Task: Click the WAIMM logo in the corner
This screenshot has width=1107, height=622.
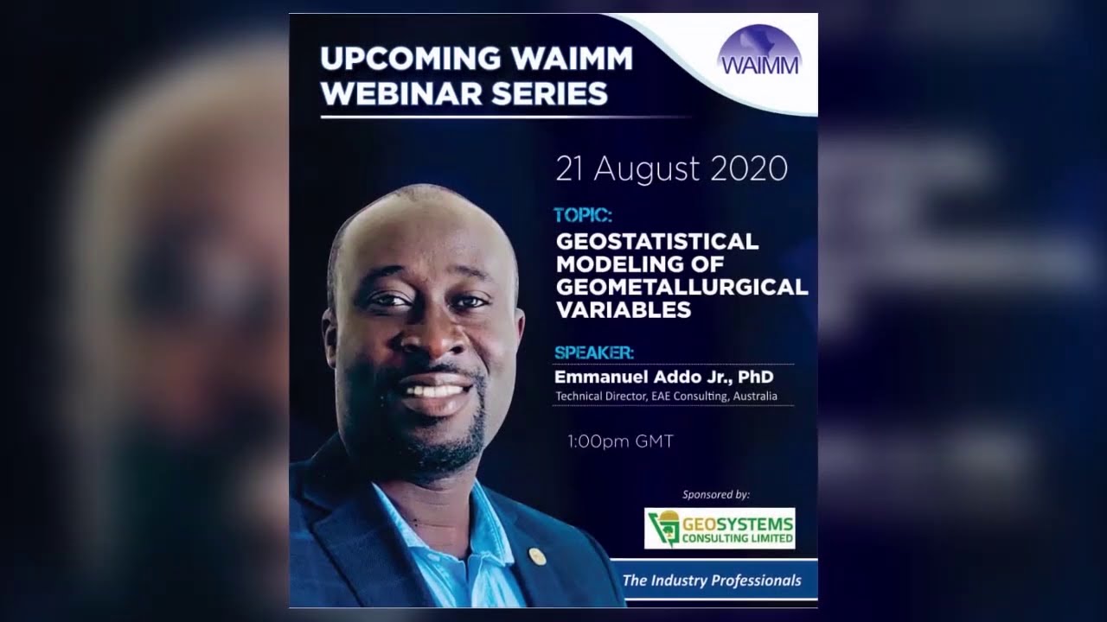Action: click(x=759, y=52)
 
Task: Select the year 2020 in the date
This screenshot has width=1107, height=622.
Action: click(x=749, y=168)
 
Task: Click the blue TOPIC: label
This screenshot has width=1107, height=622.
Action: click(x=583, y=215)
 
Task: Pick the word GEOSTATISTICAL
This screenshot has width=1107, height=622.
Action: click(x=657, y=242)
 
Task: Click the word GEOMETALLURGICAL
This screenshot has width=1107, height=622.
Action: click(x=681, y=287)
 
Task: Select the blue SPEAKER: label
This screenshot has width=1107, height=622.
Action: click(x=594, y=352)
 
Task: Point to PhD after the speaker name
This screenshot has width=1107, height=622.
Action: click(x=756, y=378)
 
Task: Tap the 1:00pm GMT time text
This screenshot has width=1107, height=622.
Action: click(x=620, y=441)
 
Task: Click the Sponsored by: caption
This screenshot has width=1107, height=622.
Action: click(x=715, y=495)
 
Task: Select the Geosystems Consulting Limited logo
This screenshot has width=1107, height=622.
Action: click(x=720, y=528)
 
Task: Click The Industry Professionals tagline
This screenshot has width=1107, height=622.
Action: click(x=712, y=581)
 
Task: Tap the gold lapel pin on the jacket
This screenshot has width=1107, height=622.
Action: click(x=537, y=556)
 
